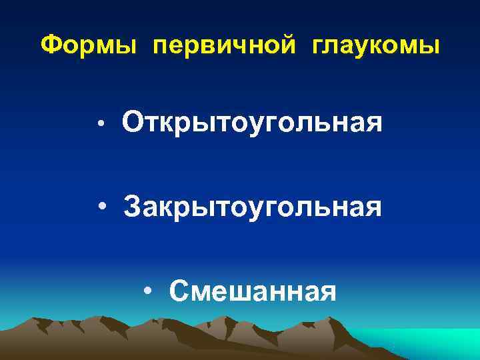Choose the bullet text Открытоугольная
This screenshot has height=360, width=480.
click(252, 123)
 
